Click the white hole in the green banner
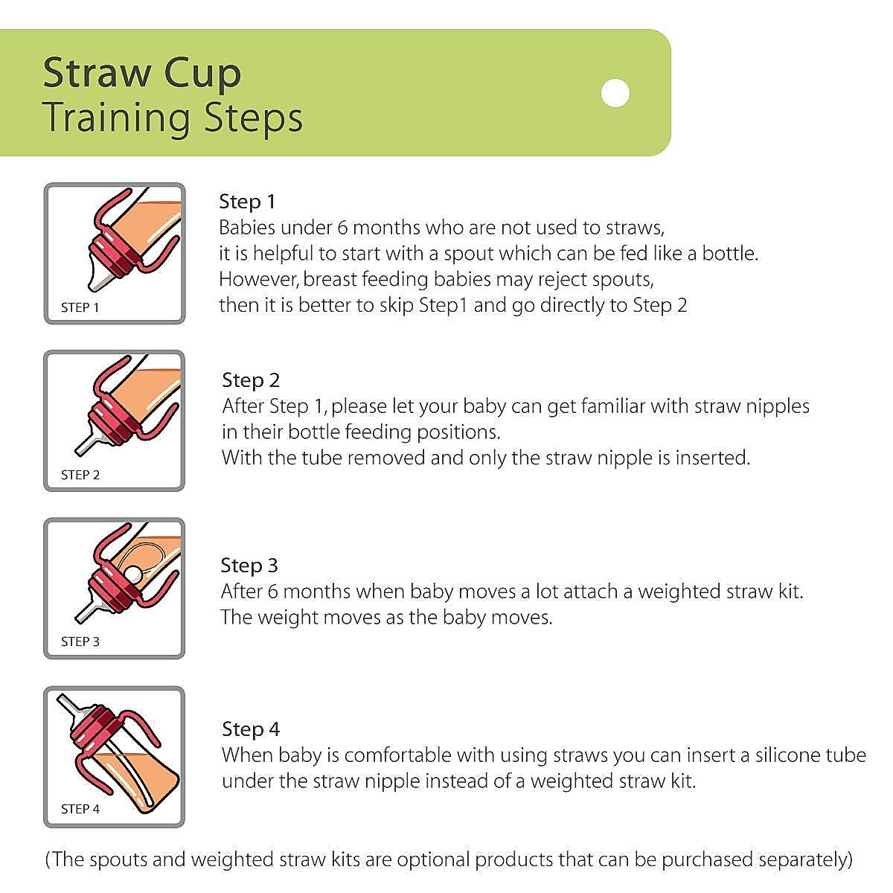click(615, 93)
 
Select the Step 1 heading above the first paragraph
click(247, 201)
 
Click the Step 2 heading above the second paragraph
click(251, 380)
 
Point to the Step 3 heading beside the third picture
click(249, 566)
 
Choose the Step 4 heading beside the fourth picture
click(251, 729)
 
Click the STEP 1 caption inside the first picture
click(80, 307)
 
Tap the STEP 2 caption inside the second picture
click(80, 475)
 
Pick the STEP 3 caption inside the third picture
click(80, 641)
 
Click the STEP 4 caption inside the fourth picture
click(80, 809)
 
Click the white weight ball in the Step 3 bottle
click(132, 575)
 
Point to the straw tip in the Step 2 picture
click(77, 452)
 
